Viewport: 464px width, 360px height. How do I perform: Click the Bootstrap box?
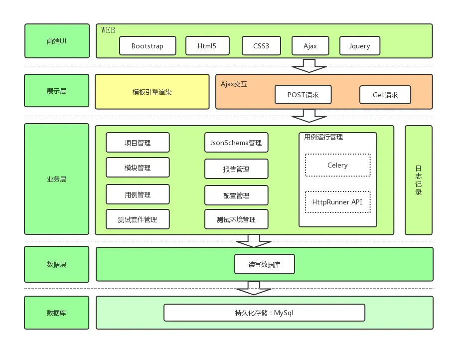tap(148, 46)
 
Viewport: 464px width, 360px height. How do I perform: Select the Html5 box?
tap(207, 46)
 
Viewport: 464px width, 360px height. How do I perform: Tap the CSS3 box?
tap(261, 46)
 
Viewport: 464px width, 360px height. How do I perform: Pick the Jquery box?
tap(360, 46)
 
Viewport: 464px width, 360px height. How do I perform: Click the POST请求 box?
tap(303, 95)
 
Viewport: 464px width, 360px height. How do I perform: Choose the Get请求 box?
tap(385, 95)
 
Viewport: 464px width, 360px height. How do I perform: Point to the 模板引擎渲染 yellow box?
tap(152, 92)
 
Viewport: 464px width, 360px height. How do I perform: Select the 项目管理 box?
tap(138, 143)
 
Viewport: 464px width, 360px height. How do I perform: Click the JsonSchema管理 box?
tap(236, 143)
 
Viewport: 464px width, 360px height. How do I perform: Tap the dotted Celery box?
tap(338, 165)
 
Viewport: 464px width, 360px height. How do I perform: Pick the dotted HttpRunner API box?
tap(338, 202)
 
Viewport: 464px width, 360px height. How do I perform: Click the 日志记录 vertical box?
tap(418, 180)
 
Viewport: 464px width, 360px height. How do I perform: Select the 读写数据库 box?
tap(265, 264)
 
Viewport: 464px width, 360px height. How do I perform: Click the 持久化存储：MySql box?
tap(264, 313)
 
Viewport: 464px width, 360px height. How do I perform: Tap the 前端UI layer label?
tap(57, 41)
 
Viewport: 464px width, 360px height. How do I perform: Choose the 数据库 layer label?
tap(57, 313)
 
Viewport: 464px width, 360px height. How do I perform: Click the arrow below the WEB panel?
tap(309, 66)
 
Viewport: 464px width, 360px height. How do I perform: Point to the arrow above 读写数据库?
tap(254, 241)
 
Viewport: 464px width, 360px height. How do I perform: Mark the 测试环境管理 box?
tap(236, 219)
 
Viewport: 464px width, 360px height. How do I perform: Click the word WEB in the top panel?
tap(108, 30)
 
